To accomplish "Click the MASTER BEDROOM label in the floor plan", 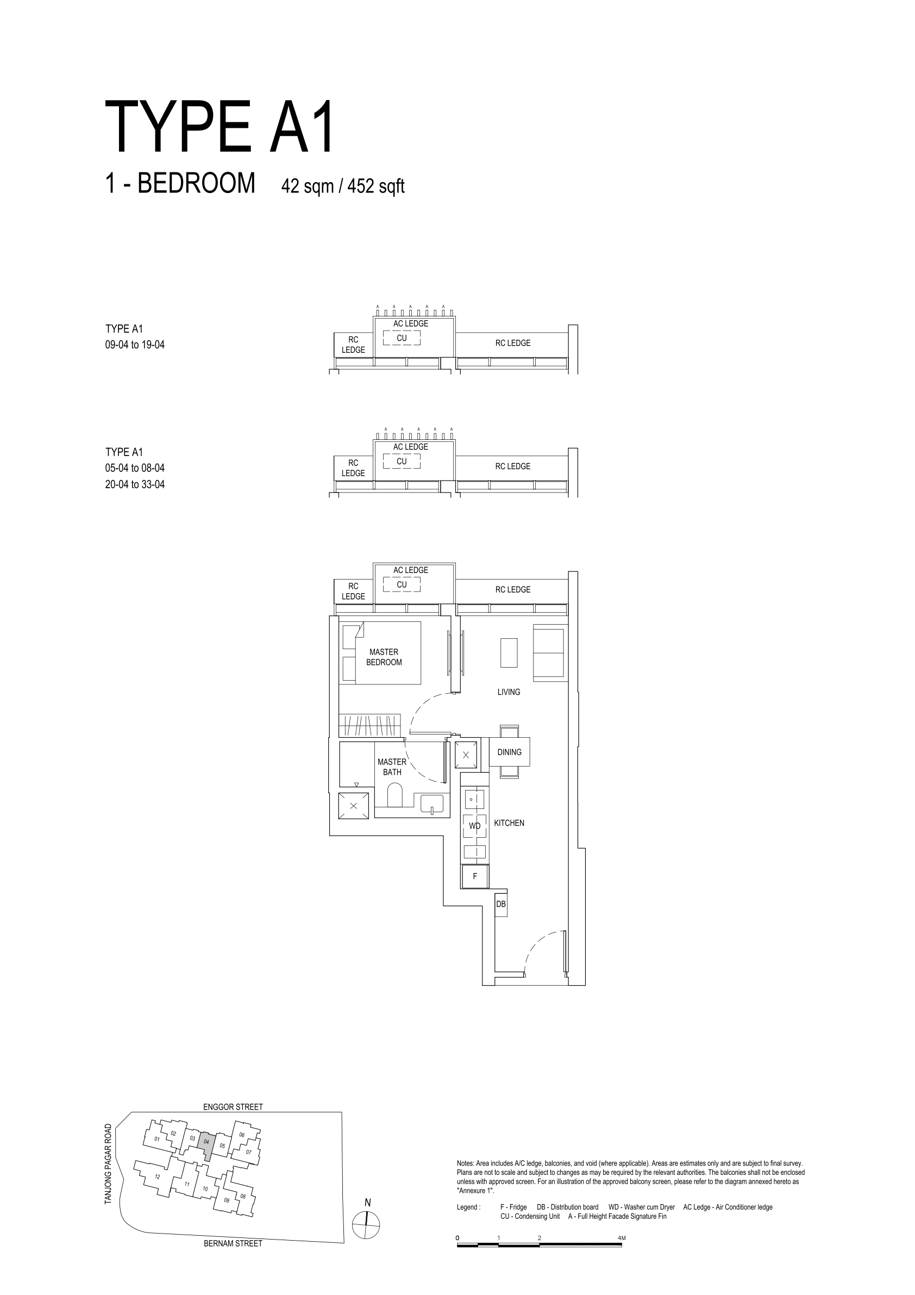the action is [384, 657].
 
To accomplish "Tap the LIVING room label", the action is [509, 692].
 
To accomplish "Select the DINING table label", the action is [509, 752].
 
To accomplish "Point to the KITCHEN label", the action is [509, 823].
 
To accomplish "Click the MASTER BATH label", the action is [392, 767].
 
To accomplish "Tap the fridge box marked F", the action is [475, 876].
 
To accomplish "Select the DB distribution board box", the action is [500, 905].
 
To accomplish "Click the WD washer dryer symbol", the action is [475, 826].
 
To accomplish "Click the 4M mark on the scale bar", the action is [621, 1238].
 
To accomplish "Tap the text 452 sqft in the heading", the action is [375, 186].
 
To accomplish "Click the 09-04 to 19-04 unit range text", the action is [135, 345].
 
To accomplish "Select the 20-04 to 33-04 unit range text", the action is [135, 484].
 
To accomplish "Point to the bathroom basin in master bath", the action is [432, 803].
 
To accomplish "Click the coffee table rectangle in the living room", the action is [509, 652].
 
